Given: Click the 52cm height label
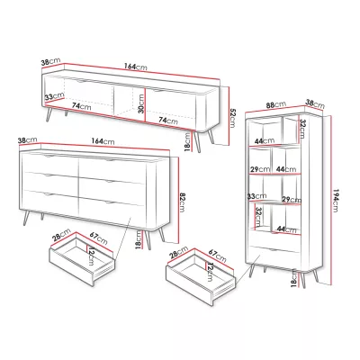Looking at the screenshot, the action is [232, 118].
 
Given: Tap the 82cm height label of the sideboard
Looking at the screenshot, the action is [182, 202].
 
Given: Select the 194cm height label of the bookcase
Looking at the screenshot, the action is [336, 201].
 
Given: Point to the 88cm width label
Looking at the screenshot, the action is [276, 105].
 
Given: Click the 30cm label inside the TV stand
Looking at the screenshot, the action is [141, 103].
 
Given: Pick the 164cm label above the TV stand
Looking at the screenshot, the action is [136, 67].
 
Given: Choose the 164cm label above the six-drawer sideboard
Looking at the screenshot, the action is [103, 140].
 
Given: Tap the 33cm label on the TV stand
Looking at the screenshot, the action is [54, 96].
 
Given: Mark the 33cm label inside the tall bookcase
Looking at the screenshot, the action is [256, 196].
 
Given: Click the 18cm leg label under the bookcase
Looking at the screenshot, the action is [294, 279].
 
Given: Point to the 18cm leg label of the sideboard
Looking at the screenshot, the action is [138, 239].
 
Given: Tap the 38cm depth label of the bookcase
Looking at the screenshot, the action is [315, 103].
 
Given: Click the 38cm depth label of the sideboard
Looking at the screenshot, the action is [27, 140].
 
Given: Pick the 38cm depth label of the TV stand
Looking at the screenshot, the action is [51, 62].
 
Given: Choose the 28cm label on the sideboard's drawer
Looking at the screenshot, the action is [61, 235].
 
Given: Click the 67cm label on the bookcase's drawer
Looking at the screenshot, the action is [217, 256].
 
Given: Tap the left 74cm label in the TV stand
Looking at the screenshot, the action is [81, 105].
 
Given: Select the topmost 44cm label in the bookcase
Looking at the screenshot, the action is [265, 140].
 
